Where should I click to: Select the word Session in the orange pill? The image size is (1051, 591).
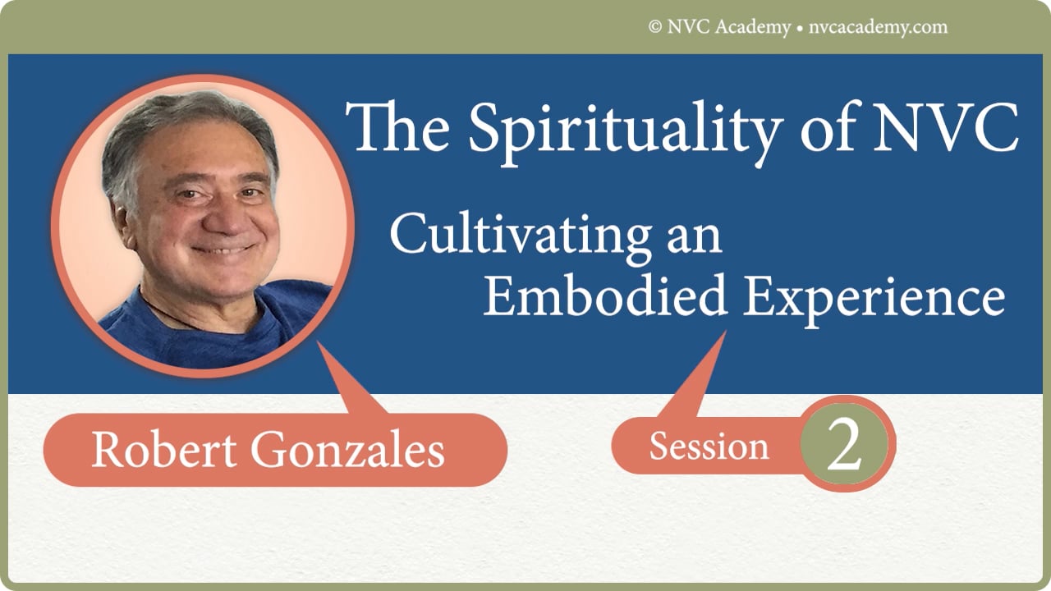pos(709,447)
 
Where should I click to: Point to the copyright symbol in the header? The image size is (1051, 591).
pos(655,27)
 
